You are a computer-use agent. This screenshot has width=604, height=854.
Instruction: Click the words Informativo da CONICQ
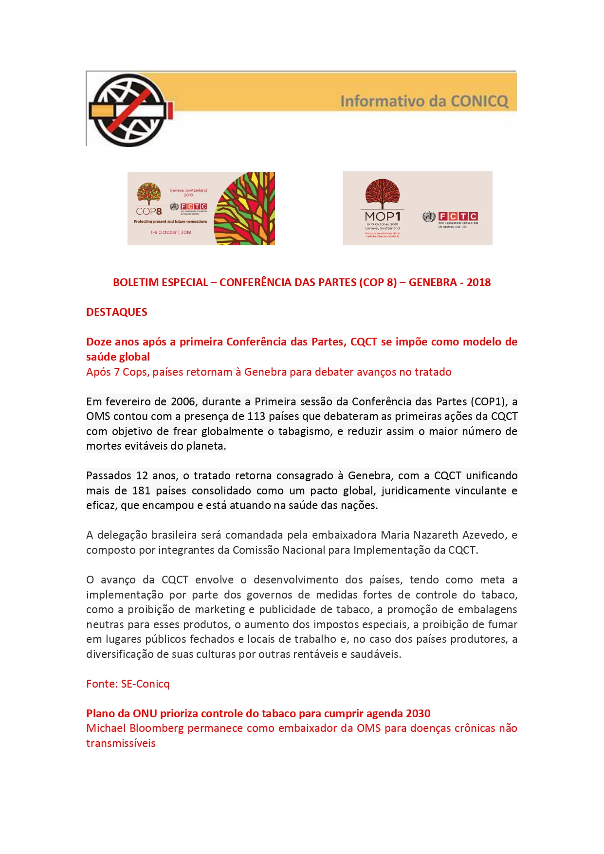[424, 101]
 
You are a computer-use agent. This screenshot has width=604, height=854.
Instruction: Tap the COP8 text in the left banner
[148, 212]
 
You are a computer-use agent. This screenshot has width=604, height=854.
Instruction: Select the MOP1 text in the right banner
[383, 216]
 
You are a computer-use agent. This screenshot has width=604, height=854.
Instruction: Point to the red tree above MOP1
[383, 193]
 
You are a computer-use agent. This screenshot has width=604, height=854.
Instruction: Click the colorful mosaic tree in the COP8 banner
[246, 209]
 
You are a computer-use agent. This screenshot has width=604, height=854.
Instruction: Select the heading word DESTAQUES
[117, 312]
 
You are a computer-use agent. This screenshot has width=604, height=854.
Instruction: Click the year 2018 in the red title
[478, 283]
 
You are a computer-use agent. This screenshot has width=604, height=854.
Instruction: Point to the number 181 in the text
[141, 491]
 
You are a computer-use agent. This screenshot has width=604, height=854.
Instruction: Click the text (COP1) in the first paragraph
[488, 402]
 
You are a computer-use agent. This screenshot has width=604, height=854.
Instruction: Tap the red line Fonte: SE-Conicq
[128, 684]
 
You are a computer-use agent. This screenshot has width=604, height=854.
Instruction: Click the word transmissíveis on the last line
[121, 744]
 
